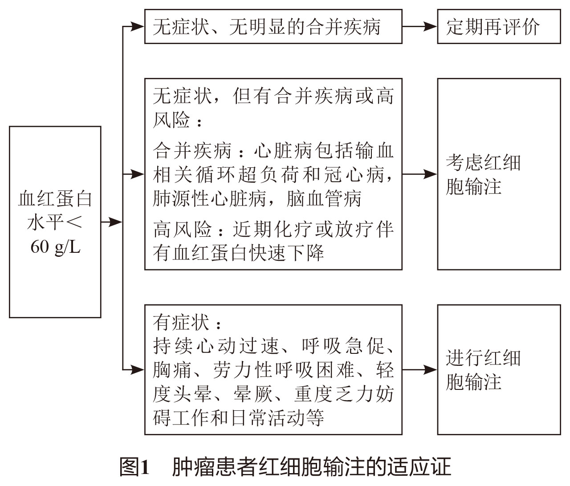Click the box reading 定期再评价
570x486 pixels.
click(x=499, y=27)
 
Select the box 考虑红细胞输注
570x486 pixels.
click(x=499, y=174)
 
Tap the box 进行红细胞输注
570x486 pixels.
click(x=499, y=369)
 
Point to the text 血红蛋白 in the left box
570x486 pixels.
click(x=55, y=199)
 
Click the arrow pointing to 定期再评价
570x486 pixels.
click(x=420, y=27)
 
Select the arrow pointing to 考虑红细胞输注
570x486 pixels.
click(x=420, y=174)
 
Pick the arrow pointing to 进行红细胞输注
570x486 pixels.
click(x=420, y=369)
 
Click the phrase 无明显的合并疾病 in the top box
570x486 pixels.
click(x=305, y=27)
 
